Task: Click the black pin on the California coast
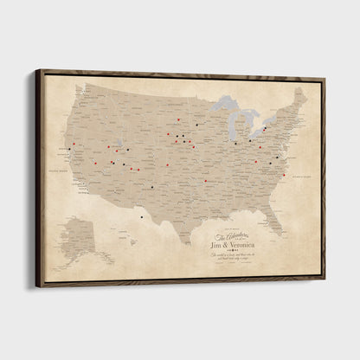[x=69, y=150]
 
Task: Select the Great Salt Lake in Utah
[x=116, y=143]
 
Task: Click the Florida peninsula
[x=273, y=221]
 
